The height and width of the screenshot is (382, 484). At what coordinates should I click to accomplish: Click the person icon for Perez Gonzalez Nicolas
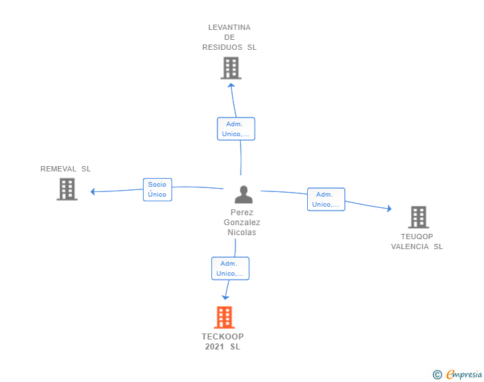pyautogui.click(x=243, y=195)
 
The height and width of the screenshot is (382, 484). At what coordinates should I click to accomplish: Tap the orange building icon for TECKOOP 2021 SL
pyautogui.click(x=225, y=317)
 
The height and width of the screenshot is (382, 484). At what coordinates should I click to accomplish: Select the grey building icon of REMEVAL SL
pyautogui.click(x=67, y=189)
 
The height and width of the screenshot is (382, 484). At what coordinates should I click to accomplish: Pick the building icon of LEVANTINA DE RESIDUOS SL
pyautogui.click(x=231, y=68)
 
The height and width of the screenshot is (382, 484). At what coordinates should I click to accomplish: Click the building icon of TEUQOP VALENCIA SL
pyautogui.click(x=419, y=217)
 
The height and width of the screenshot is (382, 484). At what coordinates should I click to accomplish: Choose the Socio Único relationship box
pyautogui.click(x=158, y=189)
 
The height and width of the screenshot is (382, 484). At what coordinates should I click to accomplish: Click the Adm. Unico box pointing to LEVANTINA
pyautogui.click(x=236, y=129)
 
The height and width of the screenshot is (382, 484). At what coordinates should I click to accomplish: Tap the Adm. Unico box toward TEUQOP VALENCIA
pyautogui.click(x=326, y=199)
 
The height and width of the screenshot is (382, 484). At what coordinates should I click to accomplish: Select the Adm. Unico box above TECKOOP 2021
pyautogui.click(x=230, y=268)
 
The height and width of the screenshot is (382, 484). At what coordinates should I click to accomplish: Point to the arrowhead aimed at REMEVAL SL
pyautogui.click(x=92, y=191)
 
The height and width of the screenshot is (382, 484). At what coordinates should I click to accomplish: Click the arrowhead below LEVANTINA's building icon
pyautogui.click(x=231, y=86)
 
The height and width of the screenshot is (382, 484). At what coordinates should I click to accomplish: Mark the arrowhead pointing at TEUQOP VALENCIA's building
pyautogui.click(x=390, y=209)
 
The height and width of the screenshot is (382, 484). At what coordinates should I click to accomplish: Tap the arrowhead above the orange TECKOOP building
pyautogui.click(x=225, y=297)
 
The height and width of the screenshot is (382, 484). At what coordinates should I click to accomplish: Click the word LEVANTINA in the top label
pyautogui.click(x=229, y=27)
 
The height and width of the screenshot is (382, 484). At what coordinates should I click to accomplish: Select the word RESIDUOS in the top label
pyautogui.click(x=222, y=47)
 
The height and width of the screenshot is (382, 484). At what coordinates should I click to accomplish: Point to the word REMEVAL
pyautogui.click(x=59, y=169)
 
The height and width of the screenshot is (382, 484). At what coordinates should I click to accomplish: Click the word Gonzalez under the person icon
pyautogui.click(x=242, y=222)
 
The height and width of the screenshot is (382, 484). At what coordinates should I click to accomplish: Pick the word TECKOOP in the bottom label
pyautogui.click(x=223, y=336)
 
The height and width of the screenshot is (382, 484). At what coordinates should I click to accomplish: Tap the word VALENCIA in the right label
pyautogui.click(x=410, y=246)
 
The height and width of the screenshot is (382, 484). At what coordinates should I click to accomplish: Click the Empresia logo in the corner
pyautogui.click(x=457, y=374)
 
